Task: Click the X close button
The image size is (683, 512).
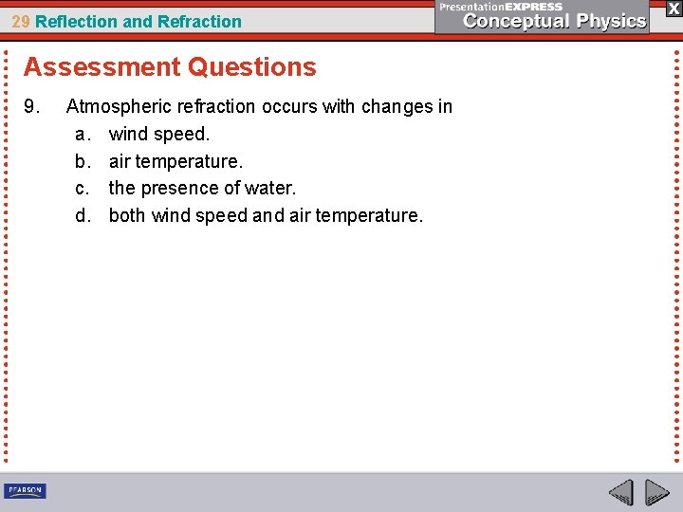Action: [674, 8]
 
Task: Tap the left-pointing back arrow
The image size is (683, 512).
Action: [620, 493]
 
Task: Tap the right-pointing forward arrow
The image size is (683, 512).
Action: [656, 493]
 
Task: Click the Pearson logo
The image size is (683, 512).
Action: [25, 490]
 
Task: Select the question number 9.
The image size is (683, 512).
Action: [32, 107]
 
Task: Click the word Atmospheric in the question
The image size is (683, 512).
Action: [119, 107]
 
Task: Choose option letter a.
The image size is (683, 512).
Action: [82, 135]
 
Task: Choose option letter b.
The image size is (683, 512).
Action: [82, 161]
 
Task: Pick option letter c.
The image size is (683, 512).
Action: [82, 189]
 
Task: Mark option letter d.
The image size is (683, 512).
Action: [82, 215]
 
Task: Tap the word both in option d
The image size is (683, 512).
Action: [127, 215]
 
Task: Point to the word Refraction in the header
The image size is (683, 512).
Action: [201, 21]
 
